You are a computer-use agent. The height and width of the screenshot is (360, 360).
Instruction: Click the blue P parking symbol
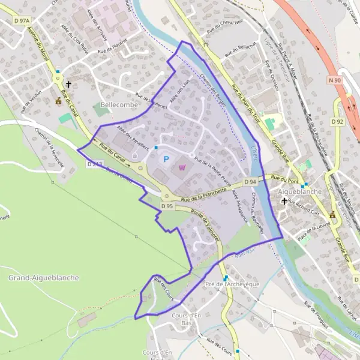tap(166, 158)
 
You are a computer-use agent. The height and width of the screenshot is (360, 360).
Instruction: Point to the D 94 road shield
tap(251, 182)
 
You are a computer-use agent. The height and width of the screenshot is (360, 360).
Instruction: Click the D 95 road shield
tap(167, 206)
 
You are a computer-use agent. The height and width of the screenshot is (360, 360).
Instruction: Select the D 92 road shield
tap(337, 122)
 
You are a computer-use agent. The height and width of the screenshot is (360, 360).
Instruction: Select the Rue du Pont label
tap(285, 178)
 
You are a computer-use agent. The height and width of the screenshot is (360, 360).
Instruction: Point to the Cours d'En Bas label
tap(186, 319)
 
